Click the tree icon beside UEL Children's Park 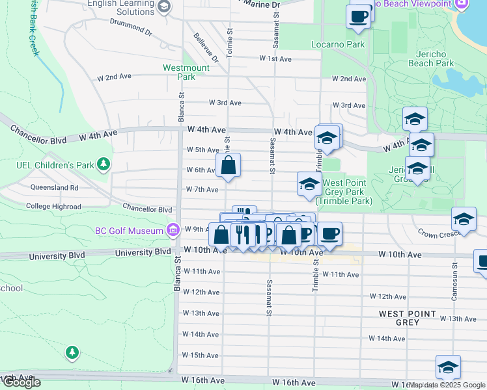tap(102, 162)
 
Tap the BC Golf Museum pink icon tap(173, 231)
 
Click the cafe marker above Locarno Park tap(358, 16)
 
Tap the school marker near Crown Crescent tap(463, 219)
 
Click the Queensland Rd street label tap(54, 188)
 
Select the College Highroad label tap(53, 206)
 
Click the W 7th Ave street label tap(202, 190)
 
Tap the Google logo tap(21, 382)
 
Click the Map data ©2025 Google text tap(447, 385)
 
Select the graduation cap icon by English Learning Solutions tap(164, 7)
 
